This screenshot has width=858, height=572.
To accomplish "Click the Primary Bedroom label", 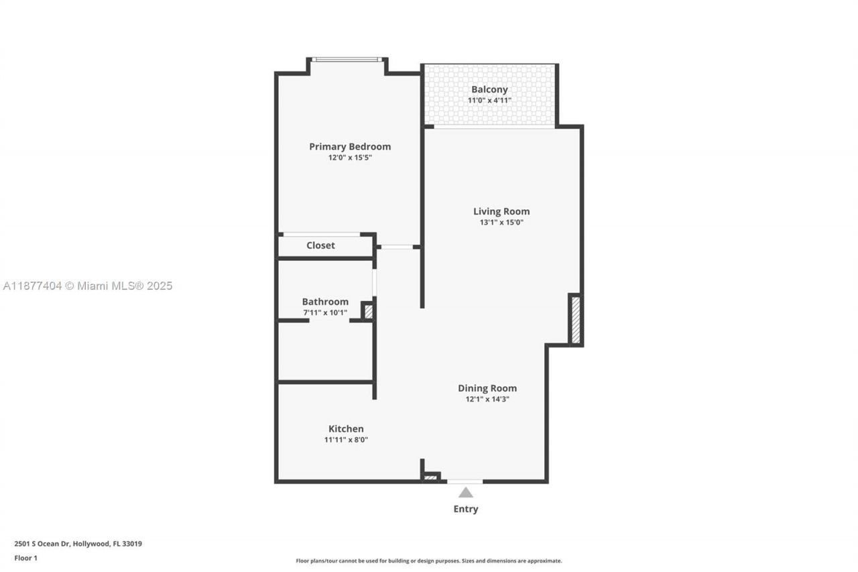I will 349,147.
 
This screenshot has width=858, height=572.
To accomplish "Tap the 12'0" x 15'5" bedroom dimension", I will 349,158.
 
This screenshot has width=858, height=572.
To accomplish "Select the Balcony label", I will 489,89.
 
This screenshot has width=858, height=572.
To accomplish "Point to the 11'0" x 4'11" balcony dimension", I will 489,101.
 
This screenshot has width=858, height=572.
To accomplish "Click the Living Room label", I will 501,211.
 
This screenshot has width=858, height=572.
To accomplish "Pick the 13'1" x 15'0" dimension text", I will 501,223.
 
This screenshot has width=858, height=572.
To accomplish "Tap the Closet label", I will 320,245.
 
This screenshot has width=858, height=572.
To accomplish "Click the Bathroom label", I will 325,302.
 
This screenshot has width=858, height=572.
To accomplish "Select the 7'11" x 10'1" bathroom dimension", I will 325,312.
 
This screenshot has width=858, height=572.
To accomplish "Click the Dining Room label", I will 487,388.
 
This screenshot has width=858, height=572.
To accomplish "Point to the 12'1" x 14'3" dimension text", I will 487,399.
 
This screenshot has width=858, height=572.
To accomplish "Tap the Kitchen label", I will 346,429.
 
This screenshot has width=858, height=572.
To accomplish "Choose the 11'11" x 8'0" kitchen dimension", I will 346,440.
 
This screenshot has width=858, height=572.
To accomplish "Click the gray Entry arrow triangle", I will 465,493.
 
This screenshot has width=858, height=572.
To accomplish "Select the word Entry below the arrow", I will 465,509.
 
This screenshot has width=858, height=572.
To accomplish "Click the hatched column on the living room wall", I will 575,320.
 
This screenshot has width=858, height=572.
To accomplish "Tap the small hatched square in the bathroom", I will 368,311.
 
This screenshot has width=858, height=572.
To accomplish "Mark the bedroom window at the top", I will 347,60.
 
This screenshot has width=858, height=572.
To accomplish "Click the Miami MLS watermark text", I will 88,286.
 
